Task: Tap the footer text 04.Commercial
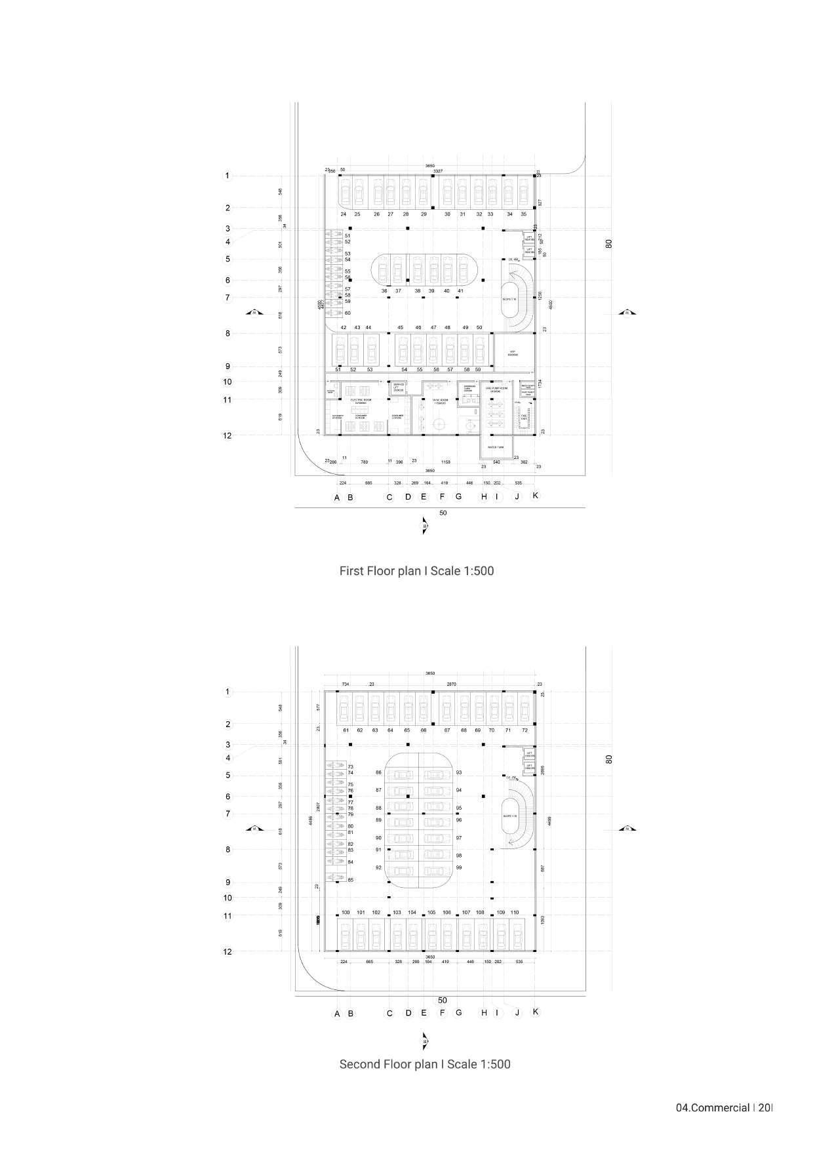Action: click(x=713, y=1108)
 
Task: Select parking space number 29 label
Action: click(x=424, y=214)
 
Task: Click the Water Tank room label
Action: click(x=496, y=447)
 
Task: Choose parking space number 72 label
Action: click(x=525, y=730)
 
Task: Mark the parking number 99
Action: click(x=459, y=867)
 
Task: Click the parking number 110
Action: click(x=515, y=913)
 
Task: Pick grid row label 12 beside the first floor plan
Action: click(x=228, y=435)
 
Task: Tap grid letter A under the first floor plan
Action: click(x=337, y=498)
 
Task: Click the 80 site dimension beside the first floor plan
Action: click(x=609, y=243)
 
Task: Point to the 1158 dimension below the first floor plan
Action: click(x=446, y=462)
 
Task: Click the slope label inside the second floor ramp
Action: click(x=509, y=816)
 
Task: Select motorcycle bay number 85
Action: click(x=351, y=880)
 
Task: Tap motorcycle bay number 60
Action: click(x=348, y=313)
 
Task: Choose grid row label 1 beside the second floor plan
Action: click(x=228, y=692)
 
